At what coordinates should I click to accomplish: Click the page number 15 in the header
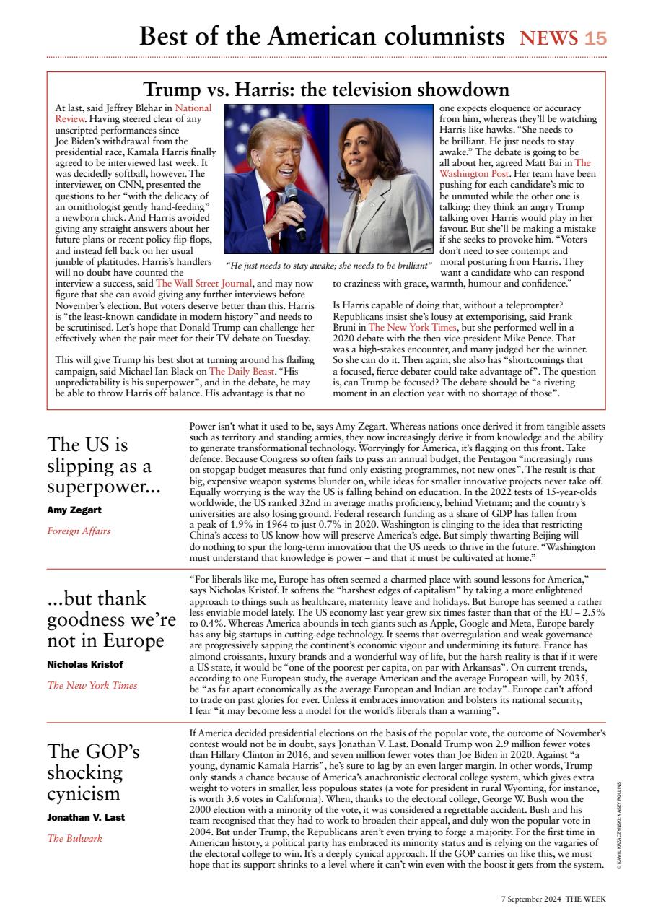click(595, 38)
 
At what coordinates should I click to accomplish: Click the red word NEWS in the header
click(549, 38)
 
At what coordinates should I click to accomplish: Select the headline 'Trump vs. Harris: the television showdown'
click(327, 90)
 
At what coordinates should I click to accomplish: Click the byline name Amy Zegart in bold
click(74, 510)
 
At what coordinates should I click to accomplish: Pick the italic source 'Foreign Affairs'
click(79, 531)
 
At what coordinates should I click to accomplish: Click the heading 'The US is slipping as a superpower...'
click(104, 466)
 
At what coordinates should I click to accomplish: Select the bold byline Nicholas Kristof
click(84, 664)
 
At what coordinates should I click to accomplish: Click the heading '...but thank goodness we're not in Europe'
click(111, 620)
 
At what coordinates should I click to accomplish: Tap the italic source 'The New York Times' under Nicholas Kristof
click(92, 685)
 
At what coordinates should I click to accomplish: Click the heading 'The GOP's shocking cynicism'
click(94, 772)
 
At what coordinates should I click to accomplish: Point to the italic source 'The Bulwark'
click(75, 838)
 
